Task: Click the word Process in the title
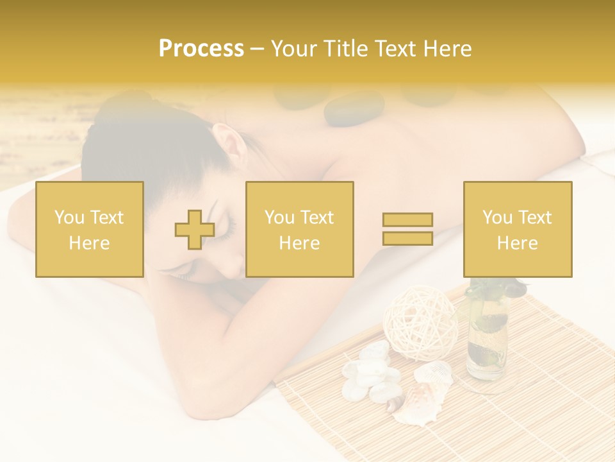[201, 49]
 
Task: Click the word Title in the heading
[346, 49]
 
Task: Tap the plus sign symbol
[195, 230]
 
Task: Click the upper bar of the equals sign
[407, 219]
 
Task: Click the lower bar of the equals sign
[407, 238]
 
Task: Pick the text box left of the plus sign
[90, 229]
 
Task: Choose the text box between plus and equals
[300, 229]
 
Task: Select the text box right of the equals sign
[518, 229]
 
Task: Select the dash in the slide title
[257, 49]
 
